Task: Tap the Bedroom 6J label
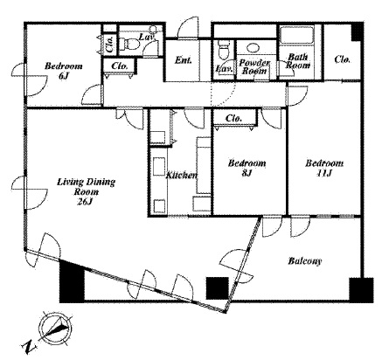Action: point(64,71)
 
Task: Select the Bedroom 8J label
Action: point(247,168)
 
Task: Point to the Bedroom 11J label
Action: point(324,168)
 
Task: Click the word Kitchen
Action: point(182,176)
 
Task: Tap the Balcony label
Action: point(305,260)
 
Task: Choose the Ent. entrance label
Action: point(184,60)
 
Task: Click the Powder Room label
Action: point(254,66)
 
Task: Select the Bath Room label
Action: point(298,61)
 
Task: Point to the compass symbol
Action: point(55,328)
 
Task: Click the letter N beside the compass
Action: point(29,347)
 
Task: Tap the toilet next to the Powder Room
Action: point(224,50)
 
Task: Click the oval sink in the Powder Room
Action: point(254,48)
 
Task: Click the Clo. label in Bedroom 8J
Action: point(233,118)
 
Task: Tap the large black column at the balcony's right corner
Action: point(361,290)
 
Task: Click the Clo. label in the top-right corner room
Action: point(342,59)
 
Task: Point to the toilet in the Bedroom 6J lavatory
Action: point(130,45)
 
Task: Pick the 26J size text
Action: point(85,201)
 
